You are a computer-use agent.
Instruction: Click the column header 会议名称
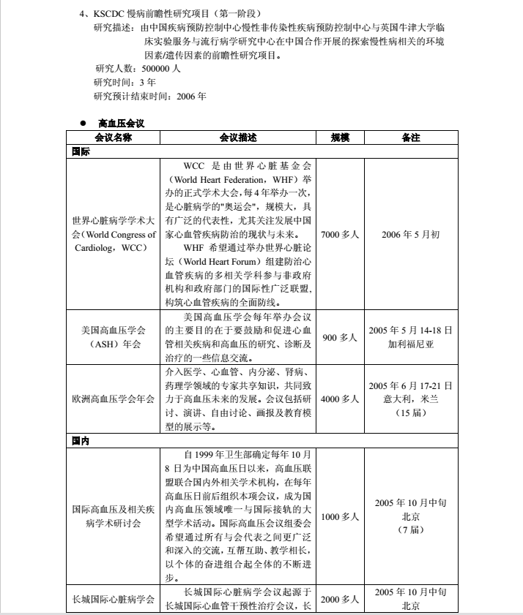tap(113, 137)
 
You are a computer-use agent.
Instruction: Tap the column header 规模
tap(340, 137)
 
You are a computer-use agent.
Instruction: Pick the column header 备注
tap(411, 137)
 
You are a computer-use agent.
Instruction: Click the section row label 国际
tap(81, 151)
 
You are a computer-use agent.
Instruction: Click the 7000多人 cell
tap(340, 235)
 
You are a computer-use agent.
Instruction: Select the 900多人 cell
tap(340, 337)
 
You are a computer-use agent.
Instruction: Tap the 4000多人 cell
tap(340, 399)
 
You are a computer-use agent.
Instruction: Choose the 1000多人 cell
tap(340, 516)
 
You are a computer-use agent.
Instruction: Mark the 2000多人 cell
tap(340, 599)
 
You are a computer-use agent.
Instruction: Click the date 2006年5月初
tap(411, 235)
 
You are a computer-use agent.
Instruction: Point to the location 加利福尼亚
tap(411, 344)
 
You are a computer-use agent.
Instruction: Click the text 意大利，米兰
tap(411, 399)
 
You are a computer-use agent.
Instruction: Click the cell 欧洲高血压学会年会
tap(113, 399)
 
